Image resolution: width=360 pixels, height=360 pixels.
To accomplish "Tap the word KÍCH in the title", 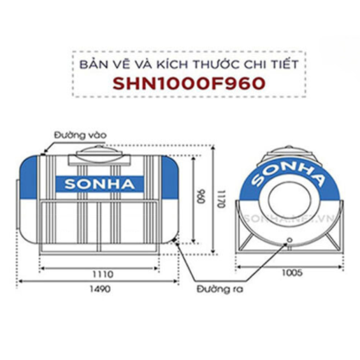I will click(160, 64).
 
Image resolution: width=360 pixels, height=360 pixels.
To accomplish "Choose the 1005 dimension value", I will click(290, 273).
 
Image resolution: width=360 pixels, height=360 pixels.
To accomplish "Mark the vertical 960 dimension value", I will click(198, 197).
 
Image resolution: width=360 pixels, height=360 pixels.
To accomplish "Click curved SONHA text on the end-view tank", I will click(289, 171).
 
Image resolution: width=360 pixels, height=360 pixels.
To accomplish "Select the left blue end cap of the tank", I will click(28, 178).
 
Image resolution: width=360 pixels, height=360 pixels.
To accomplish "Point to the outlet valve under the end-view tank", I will click(289, 241).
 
